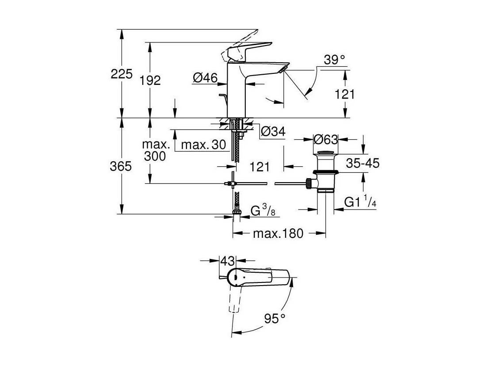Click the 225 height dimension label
coord(122,74)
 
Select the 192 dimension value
coord(150,80)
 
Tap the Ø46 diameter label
coord(205,77)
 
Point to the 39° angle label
coord(334,59)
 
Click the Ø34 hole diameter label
coord(273,131)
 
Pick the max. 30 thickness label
coord(203,145)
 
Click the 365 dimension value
coord(121,167)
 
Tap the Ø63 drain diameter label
coord(325,139)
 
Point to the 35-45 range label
coord(363,163)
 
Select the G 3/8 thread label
coord(263,210)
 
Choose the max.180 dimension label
coord(278,233)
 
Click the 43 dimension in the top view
coord(228,261)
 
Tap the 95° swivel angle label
coord(275,318)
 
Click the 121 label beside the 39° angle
coord(344,94)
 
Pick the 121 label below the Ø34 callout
coord(259,167)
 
